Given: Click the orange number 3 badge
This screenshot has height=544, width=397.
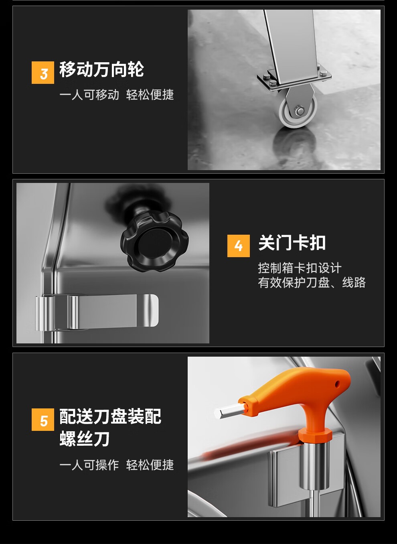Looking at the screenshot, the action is (x=43, y=73).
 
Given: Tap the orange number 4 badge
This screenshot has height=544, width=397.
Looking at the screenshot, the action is (x=239, y=246).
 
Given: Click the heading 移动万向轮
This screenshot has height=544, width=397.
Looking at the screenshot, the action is (x=102, y=69).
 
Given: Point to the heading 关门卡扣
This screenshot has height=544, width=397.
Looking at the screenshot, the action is (x=292, y=243).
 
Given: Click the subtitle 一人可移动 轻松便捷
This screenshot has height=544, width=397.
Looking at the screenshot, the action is (x=117, y=95).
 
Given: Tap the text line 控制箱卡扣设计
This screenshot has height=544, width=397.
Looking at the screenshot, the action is (x=300, y=268).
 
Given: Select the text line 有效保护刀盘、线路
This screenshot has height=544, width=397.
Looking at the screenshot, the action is (x=312, y=282).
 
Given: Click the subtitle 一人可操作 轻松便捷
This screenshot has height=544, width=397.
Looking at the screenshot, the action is (x=117, y=465).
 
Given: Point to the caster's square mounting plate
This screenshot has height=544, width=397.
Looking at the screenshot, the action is (x=294, y=79).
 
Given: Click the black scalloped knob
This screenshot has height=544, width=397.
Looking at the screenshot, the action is (x=154, y=241).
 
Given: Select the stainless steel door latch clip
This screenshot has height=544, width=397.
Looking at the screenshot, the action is (x=97, y=313).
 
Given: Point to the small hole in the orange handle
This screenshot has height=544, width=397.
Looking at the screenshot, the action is (x=337, y=384).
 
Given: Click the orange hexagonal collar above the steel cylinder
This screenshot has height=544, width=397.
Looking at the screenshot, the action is (x=315, y=435).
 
